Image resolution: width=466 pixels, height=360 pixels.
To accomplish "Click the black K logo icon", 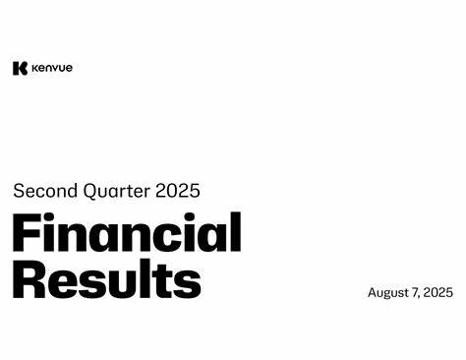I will coord(19,68).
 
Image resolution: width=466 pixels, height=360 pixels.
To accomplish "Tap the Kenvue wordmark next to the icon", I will coord(51,68).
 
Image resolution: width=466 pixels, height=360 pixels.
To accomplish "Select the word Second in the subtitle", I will coord(43,191).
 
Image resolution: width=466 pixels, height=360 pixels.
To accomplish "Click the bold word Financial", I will coord(127,235).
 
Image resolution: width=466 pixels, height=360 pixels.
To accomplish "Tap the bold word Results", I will coord(106,279).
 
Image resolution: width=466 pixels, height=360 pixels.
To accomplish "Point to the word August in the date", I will coord(388,293).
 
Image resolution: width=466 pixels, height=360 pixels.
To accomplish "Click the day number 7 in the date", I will coord(417,292).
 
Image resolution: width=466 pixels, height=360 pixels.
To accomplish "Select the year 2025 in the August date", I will coord(438,292).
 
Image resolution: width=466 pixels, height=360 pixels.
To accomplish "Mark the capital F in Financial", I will coord(27,235).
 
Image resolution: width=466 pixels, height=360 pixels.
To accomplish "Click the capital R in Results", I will coord(29,279).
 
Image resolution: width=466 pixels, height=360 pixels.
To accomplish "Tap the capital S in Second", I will coord(19,191).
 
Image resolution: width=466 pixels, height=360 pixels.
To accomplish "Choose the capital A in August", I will coord(373,292).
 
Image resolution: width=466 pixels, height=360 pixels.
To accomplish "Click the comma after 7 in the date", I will coord(422,296).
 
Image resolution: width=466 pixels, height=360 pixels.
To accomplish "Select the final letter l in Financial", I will coord(236,233).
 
